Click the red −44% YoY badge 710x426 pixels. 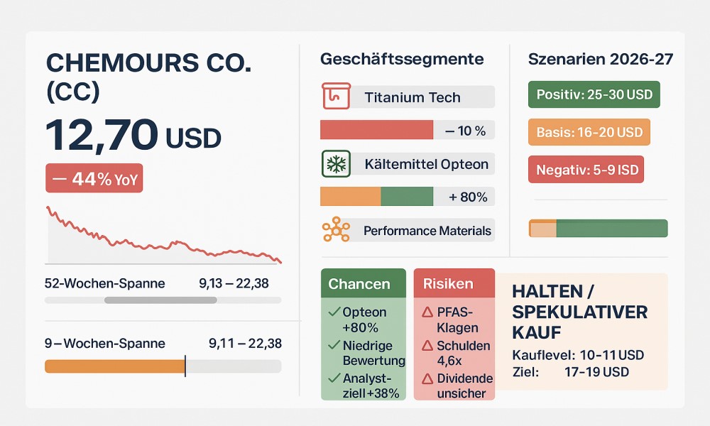click(x=94, y=178)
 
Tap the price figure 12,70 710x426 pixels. click(x=102, y=135)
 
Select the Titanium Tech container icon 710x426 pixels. click(x=336, y=96)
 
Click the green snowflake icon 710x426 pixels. click(x=336, y=163)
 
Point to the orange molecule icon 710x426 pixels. click(x=336, y=229)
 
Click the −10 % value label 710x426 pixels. click(x=466, y=131)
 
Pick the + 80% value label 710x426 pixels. click(x=468, y=197)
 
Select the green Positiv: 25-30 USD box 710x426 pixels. click(x=594, y=94)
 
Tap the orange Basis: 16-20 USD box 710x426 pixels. click(x=589, y=132)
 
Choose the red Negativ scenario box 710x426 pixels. click(x=586, y=170)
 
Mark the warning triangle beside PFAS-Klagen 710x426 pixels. click(x=427, y=312)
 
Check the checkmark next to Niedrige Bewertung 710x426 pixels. click(x=334, y=345)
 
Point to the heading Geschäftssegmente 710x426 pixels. click(x=402, y=60)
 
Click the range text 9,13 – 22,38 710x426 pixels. click(x=234, y=283)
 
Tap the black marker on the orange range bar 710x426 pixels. click(x=185, y=366)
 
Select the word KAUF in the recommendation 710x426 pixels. click(x=537, y=333)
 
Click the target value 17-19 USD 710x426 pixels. click(x=596, y=372)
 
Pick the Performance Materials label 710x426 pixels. click(x=427, y=231)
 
